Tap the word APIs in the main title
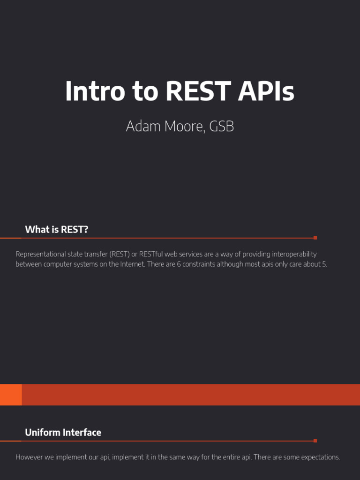pyautogui.click(x=266, y=91)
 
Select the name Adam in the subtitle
pyautogui.click(x=140, y=127)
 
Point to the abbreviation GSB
pyautogui.click(x=222, y=127)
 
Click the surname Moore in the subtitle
pyautogui.click(x=180, y=127)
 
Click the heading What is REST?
pyautogui.click(x=57, y=229)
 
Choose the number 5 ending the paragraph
pyautogui.click(x=325, y=264)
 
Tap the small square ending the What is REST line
pyautogui.click(x=315, y=238)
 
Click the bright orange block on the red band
pyautogui.click(x=11, y=395)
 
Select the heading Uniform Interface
pyautogui.click(x=63, y=432)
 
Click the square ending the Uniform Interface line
pyautogui.click(x=315, y=441)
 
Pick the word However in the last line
pyautogui.click(x=29, y=457)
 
